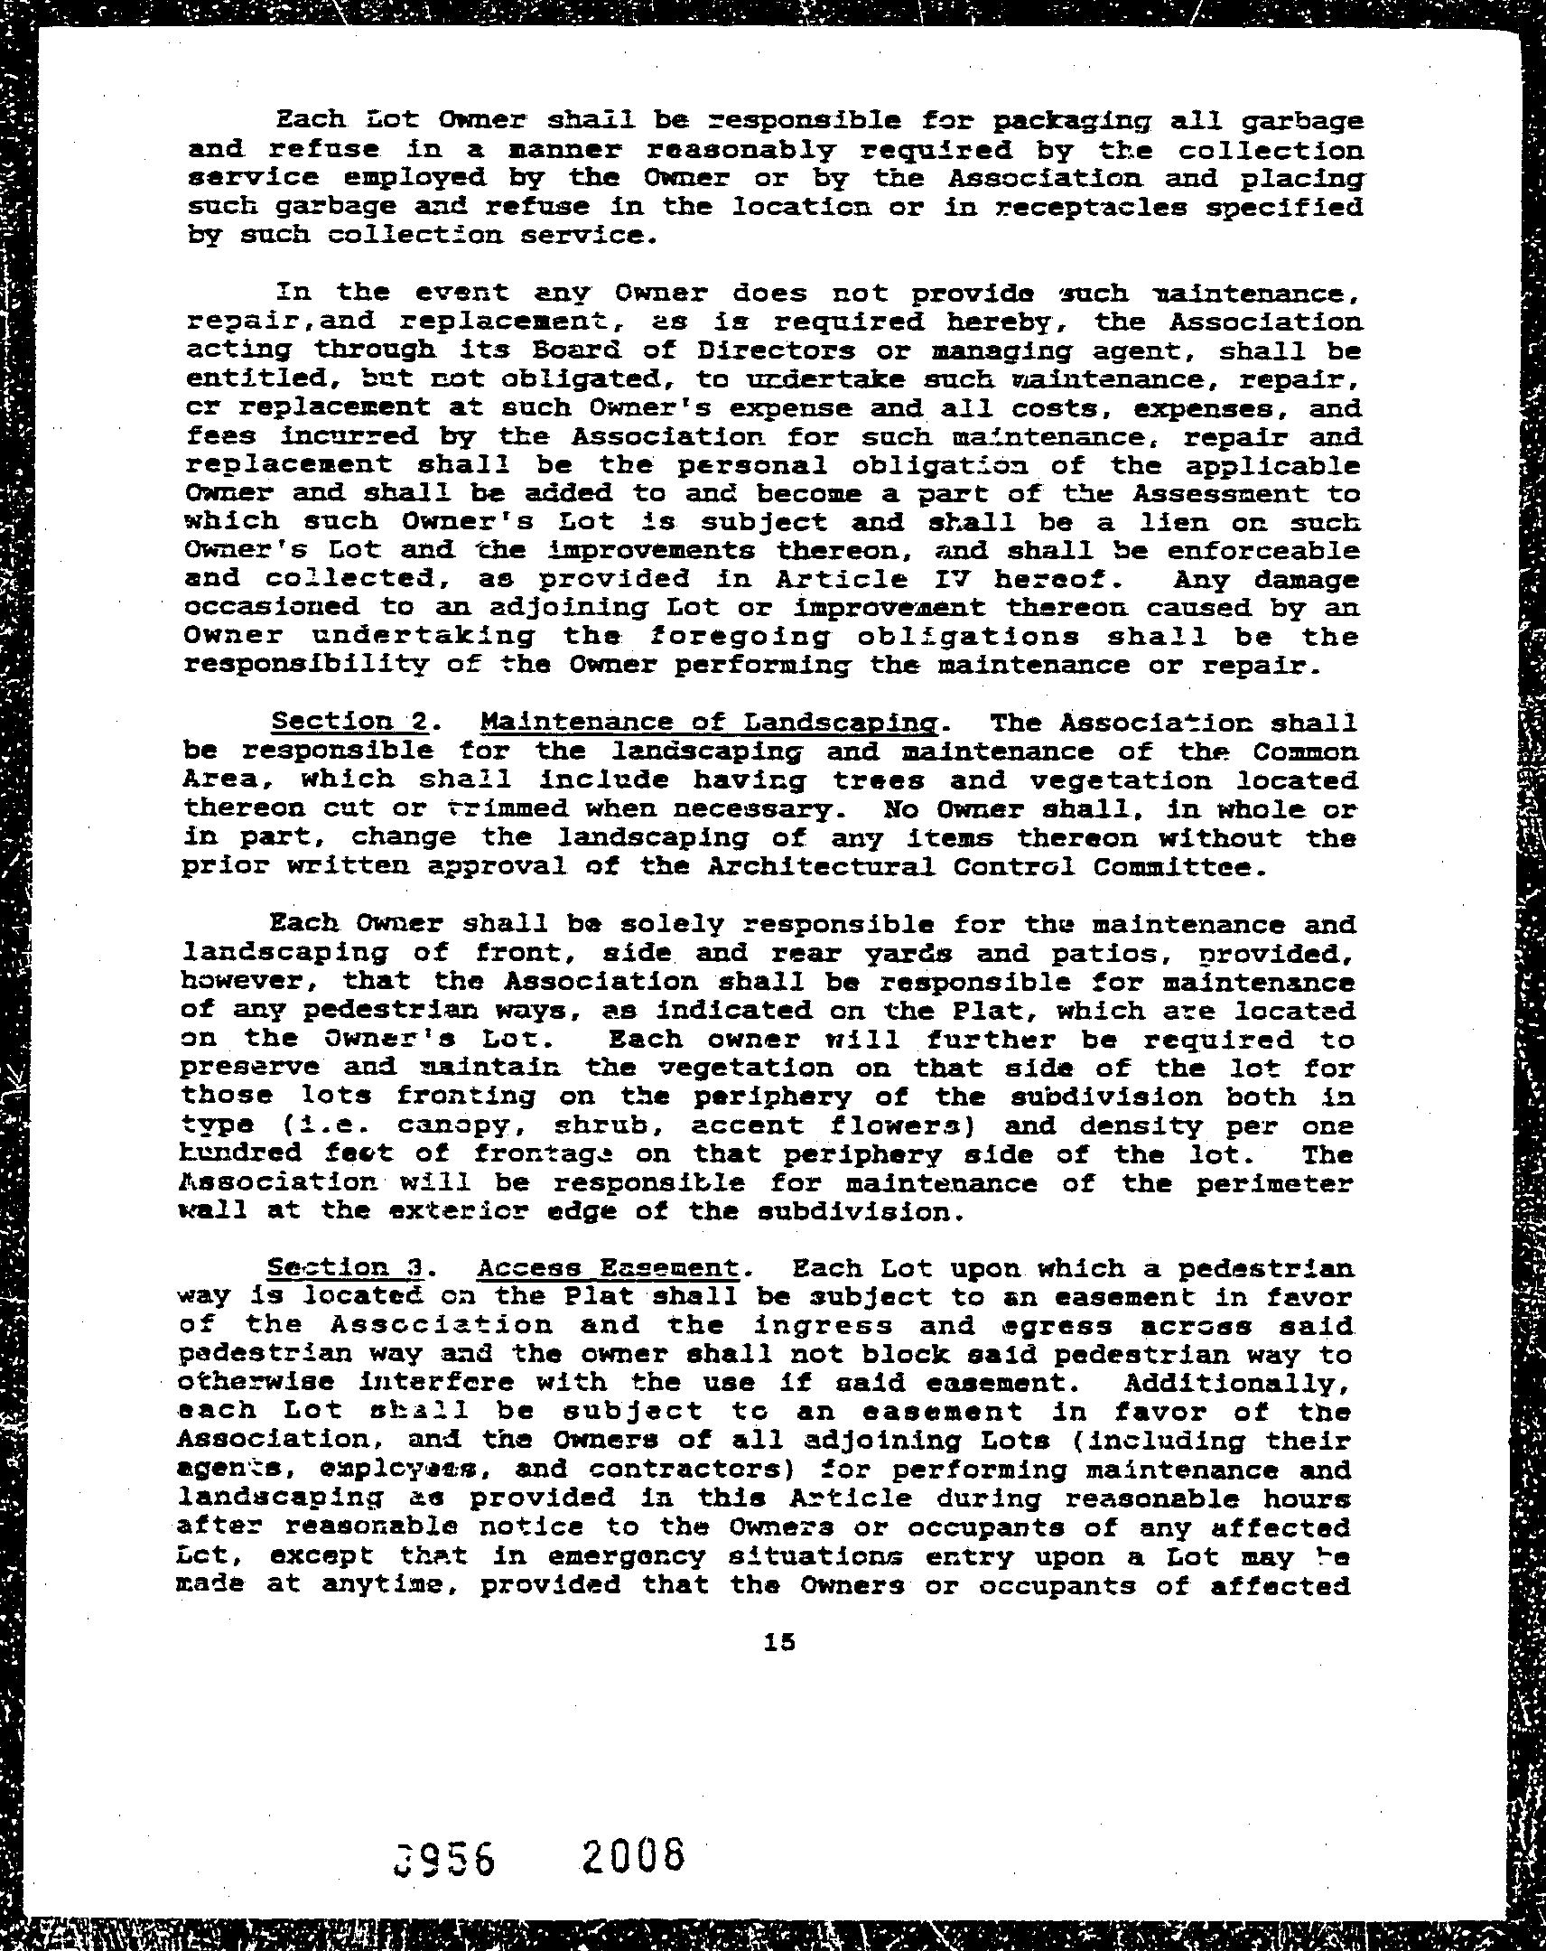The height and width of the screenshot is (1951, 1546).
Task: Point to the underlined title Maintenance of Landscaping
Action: [x=708, y=722]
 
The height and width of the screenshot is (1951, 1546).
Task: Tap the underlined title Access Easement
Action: [x=608, y=1268]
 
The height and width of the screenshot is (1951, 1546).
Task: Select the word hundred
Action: [x=241, y=1154]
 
